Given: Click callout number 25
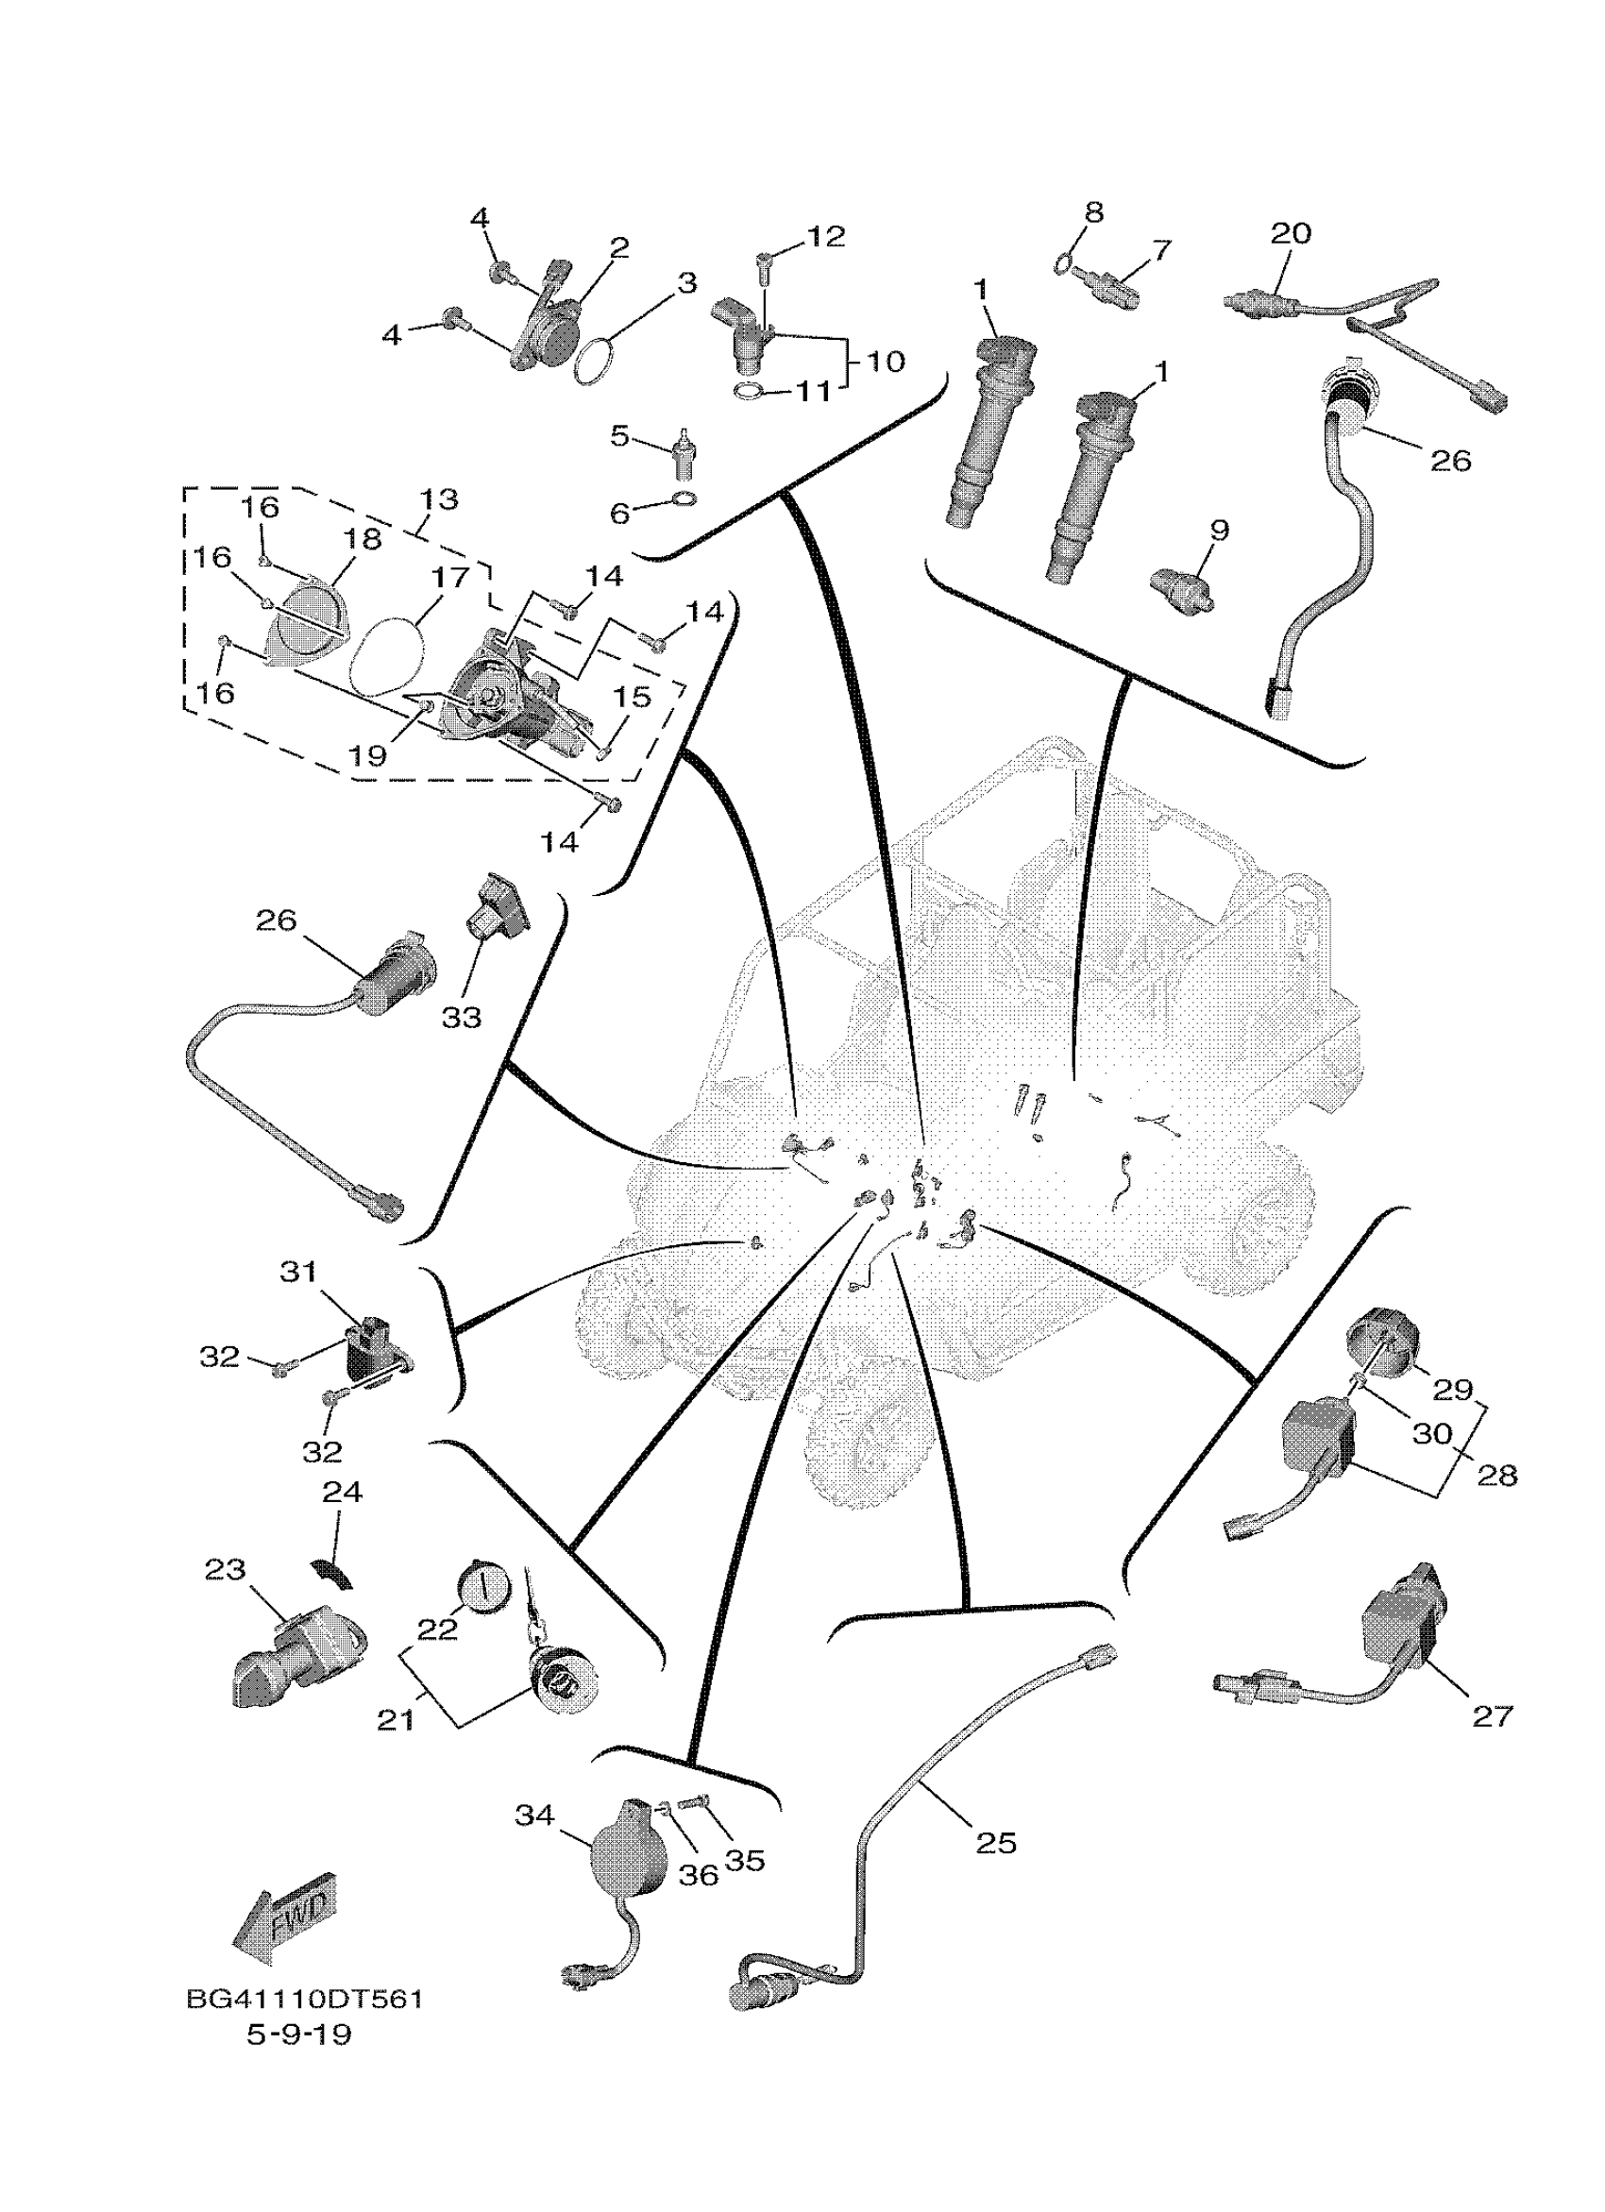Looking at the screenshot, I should click(x=995, y=1842).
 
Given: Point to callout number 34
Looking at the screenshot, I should click(x=534, y=1815).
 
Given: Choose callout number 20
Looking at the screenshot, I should click(x=1291, y=233).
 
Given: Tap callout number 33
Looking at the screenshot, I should click(x=462, y=1017).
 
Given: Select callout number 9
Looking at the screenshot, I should click(x=1219, y=530).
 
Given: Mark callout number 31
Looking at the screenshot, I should click(x=299, y=1272).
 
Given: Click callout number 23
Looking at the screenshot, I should click(x=225, y=1569).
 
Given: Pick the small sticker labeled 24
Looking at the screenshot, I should click(x=330, y=1572).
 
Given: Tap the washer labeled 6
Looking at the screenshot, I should click(x=686, y=502).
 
